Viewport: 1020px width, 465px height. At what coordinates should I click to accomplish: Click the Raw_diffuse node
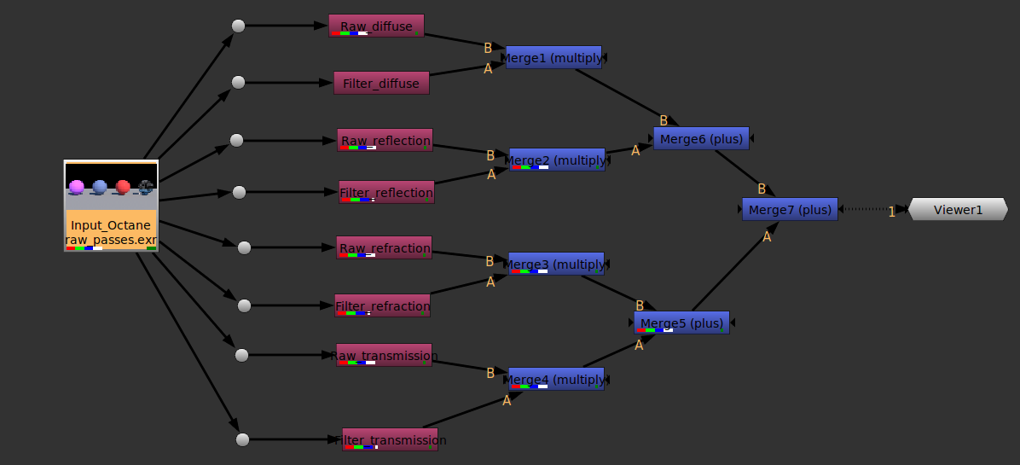[x=376, y=26]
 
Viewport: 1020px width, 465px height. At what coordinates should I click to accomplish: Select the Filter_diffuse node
[x=381, y=83]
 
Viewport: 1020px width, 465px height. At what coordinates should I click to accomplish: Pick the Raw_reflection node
[x=385, y=140]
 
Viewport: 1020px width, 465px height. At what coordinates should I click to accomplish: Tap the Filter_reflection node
[x=386, y=192]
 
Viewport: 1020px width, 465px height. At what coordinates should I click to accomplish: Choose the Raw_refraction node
[x=384, y=247]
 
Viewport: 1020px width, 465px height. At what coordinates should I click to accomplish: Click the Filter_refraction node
[x=382, y=305]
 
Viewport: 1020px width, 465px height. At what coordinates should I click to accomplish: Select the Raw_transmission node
[x=384, y=355]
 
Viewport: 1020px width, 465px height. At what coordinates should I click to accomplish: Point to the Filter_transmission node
[x=390, y=439]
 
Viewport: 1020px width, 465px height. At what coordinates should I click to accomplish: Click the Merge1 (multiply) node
[x=553, y=57]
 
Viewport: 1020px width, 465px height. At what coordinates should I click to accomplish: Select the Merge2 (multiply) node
[x=557, y=160]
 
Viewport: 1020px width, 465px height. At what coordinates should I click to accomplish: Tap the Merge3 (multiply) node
[x=556, y=264]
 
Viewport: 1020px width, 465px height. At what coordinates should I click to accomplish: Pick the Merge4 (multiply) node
[x=556, y=379]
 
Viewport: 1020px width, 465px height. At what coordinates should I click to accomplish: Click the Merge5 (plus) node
[x=681, y=323]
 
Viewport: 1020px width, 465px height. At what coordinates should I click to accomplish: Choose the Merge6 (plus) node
[x=701, y=138]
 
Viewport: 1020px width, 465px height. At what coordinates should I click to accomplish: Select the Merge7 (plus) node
[x=790, y=209]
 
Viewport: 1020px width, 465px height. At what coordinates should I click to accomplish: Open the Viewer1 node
[x=958, y=209]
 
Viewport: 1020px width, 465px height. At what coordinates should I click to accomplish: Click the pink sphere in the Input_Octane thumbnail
[x=77, y=186]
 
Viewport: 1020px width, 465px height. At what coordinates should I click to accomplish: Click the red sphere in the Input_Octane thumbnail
[x=123, y=186]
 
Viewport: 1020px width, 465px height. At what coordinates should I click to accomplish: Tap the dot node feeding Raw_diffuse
[x=239, y=26]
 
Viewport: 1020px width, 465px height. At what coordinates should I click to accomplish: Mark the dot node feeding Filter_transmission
[x=242, y=439]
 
